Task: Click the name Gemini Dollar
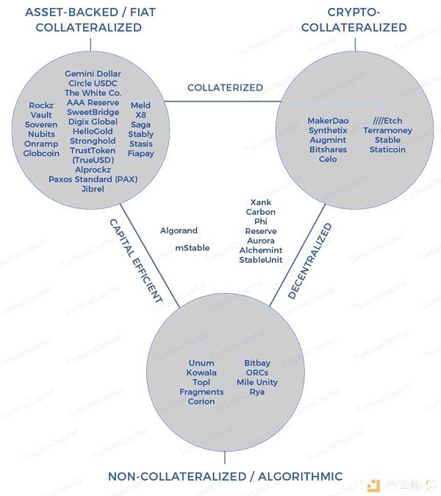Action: click(x=93, y=74)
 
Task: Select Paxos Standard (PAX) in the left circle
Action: click(x=93, y=180)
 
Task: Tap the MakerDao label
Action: click(x=328, y=121)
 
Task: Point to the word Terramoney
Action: click(x=387, y=130)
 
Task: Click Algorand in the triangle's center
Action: click(x=179, y=230)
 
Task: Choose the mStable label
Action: click(x=193, y=248)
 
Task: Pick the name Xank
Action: click(x=261, y=202)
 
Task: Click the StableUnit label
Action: click(x=261, y=260)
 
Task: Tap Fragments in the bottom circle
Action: click(x=201, y=392)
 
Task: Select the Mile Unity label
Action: click(x=257, y=382)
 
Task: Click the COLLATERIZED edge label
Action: click(x=225, y=88)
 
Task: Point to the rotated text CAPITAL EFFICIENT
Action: click(x=136, y=261)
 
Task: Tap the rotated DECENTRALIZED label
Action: click(x=310, y=261)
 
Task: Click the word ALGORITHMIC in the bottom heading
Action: click(x=300, y=476)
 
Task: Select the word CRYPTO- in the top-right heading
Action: click(x=354, y=13)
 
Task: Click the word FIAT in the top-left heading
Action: click(x=143, y=13)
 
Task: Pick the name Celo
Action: click(x=328, y=159)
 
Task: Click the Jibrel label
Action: click(x=93, y=189)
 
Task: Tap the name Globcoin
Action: click(x=41, y=153)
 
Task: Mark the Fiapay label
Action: click(x=140, y=154)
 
